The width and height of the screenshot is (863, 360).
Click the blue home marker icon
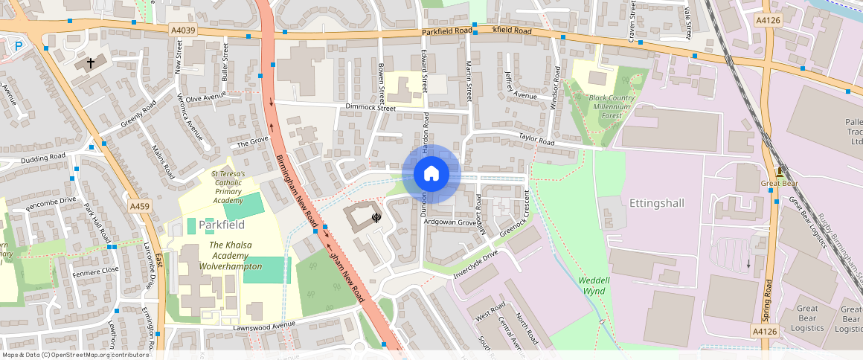(x=431, y=174)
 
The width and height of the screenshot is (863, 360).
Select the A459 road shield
(x=139, y=206)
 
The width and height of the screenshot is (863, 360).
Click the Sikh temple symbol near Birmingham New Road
(x=376, y=216)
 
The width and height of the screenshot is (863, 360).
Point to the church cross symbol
(x=91, y=63)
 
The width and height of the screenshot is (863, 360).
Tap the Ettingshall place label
(x=656, y=202)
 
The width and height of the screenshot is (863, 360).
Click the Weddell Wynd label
(x=592, y=286)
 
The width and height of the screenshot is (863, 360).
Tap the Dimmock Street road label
(x=370, y=108)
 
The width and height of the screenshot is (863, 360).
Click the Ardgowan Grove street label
(x=449, y=222)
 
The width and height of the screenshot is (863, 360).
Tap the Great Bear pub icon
(x=779, y=172)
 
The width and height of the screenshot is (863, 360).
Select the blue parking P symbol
(x=19, y=45)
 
